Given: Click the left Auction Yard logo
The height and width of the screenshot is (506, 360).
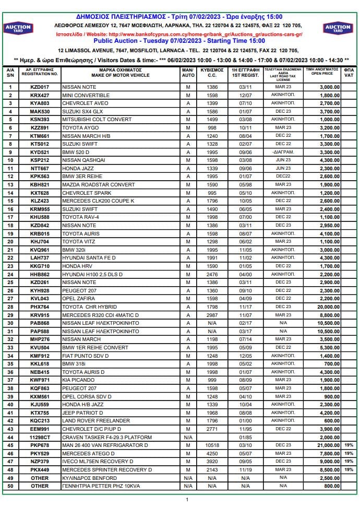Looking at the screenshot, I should tap(18, 28).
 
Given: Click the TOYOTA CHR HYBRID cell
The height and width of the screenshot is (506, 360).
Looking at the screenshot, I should tap(89, 307).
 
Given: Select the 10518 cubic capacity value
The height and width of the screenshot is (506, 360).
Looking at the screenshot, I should tap(212, 445).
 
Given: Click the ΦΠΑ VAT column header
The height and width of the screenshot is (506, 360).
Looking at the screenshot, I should tap(349, 73).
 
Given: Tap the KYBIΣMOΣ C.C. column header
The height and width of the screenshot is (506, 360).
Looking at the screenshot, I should tap(212, 73).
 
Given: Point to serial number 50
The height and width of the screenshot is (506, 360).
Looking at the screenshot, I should tap(10, 486).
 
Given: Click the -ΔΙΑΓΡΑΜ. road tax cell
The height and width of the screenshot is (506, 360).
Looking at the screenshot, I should tap(283, 152).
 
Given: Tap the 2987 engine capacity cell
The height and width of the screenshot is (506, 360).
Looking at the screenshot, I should tap(212, 315).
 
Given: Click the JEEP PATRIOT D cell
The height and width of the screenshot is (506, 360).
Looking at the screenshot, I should tap(83, 413).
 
